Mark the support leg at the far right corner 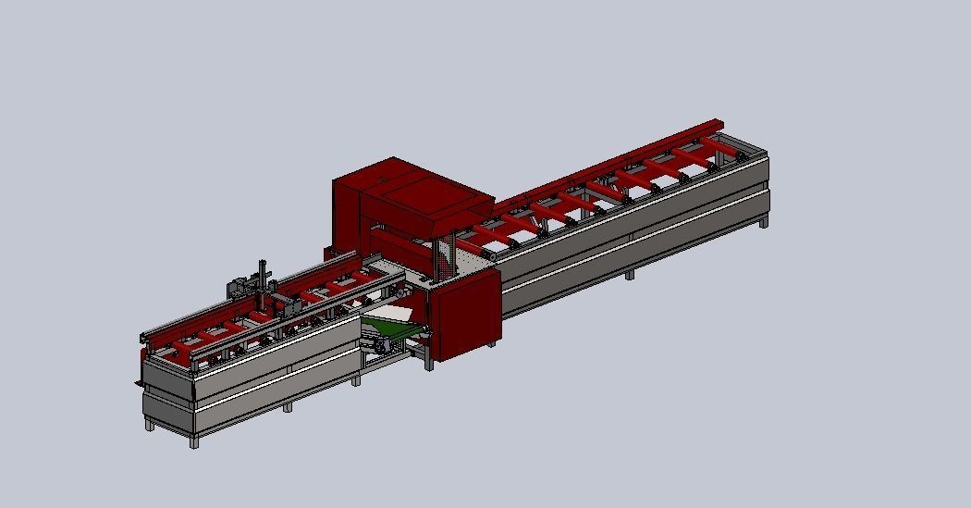click(765, 222)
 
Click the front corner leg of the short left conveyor click(194, 441)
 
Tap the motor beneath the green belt click(380, 344)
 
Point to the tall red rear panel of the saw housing click(346, 213)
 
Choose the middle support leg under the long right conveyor click(629, 275)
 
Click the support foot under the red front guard click(490, 345)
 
